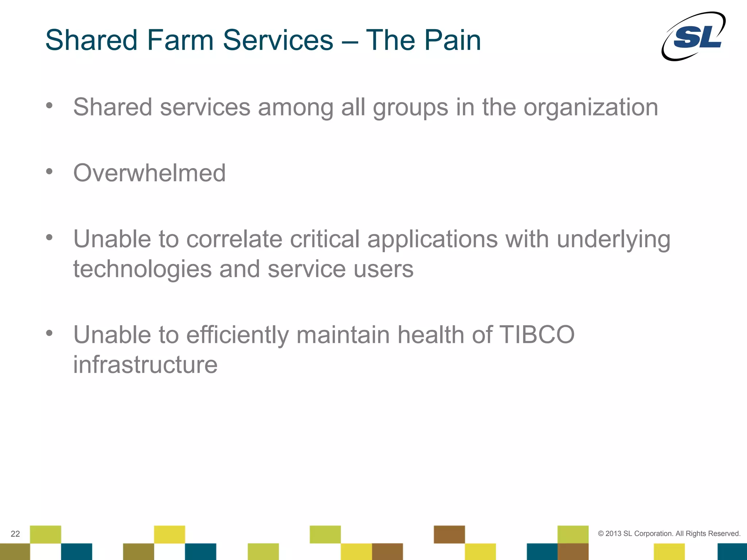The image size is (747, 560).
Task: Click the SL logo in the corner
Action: [693, 36]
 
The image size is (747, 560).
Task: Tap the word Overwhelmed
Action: [149, 173]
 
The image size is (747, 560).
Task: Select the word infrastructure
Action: [145, 365]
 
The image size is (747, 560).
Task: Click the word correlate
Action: [234, 240]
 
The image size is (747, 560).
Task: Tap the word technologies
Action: [142, 269]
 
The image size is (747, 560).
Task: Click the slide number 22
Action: [15, 534]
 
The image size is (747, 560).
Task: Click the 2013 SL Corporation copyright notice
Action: [669, 533]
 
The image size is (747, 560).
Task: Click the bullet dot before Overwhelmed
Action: [49, 171]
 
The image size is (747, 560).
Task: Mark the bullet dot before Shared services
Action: [49, 106]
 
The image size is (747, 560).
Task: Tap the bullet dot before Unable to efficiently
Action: [49, 333]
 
